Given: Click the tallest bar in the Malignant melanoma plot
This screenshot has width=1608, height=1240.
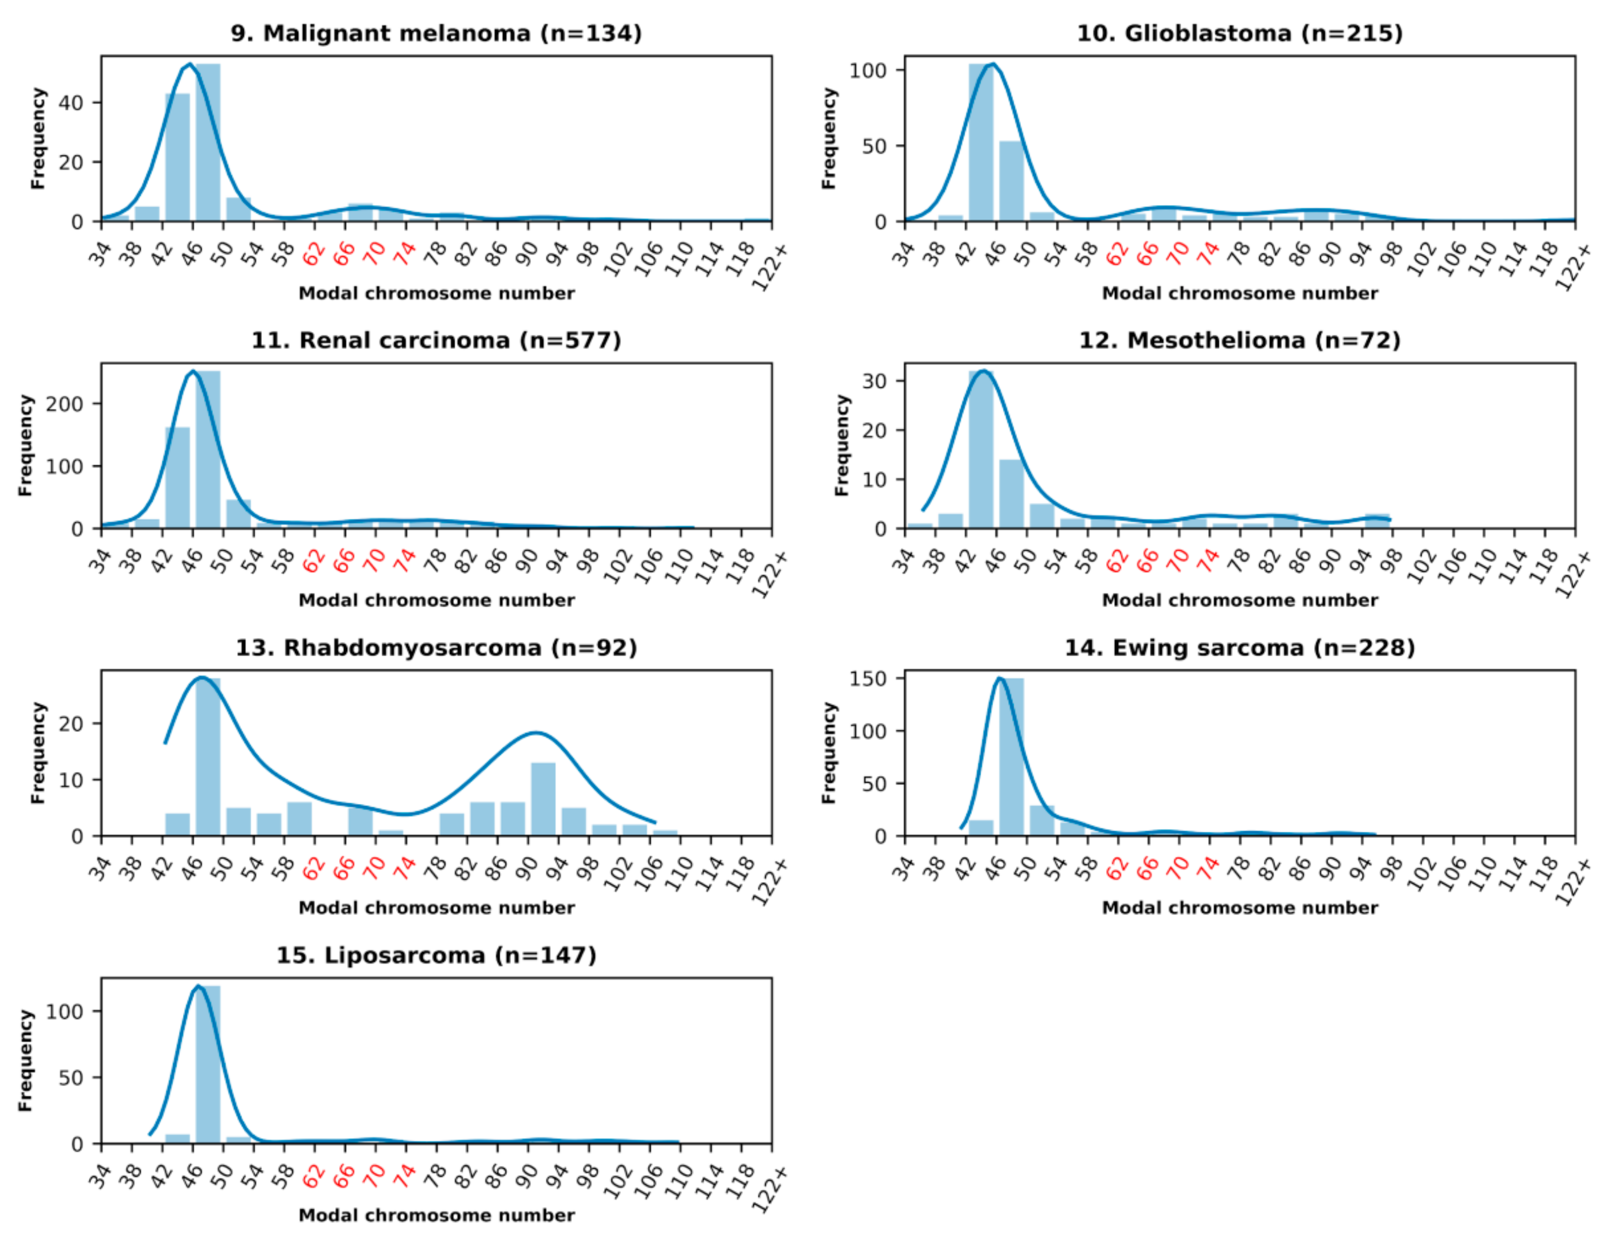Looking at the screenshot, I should point(208,144).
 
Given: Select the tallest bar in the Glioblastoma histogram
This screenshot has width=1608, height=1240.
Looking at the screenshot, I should point(980,144).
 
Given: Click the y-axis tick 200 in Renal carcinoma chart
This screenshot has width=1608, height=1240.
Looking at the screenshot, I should point(65,404).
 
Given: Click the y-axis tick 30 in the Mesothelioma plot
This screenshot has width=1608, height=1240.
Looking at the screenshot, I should point(874,381).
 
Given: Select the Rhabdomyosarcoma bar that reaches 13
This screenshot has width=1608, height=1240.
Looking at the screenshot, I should point(543,800).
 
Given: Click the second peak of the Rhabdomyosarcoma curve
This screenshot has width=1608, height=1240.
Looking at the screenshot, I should point(536,733).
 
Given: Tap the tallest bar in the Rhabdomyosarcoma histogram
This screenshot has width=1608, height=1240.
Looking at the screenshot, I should point(208,758).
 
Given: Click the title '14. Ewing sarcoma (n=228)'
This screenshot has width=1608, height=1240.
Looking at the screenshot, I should point(1239,648).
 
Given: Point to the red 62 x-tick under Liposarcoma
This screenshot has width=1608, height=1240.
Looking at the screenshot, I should point(314,1176).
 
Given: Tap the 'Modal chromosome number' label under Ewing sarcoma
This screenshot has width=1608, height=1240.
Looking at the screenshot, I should point(1239,908).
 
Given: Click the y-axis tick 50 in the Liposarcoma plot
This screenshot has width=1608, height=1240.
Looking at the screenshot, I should point(71,1078).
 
